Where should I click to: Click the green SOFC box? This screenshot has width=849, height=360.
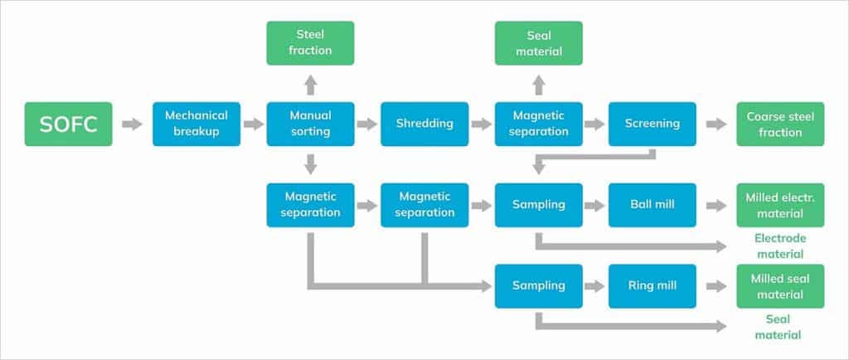pos(69,124)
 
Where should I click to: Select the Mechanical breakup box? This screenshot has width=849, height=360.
pos(196,124)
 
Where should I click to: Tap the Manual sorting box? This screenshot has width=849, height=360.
pos(310,124)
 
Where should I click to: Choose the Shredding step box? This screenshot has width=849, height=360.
pos(424,124)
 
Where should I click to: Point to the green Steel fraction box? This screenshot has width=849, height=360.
pos(310,43)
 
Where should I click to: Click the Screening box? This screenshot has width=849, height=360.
pos(653,124)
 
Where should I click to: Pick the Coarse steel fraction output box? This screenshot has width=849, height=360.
pos(780,124)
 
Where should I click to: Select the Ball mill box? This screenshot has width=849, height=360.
pos(653,205)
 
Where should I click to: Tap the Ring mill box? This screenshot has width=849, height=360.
pos(653,285)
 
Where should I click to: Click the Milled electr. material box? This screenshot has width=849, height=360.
pos(780,205)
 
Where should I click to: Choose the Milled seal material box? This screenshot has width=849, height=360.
pos(780,285)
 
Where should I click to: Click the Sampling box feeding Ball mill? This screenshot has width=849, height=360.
pos(539,205)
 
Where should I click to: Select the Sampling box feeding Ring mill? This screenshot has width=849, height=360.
pos(539,285)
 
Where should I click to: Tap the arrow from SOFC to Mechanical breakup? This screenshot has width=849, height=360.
pos(131,124)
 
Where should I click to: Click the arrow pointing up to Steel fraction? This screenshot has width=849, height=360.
pos(310,85)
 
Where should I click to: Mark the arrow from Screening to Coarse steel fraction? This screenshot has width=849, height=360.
pos(716,124)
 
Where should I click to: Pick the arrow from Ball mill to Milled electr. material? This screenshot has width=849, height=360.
pos(716,205)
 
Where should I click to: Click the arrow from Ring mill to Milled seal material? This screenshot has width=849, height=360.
pos(716,285)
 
